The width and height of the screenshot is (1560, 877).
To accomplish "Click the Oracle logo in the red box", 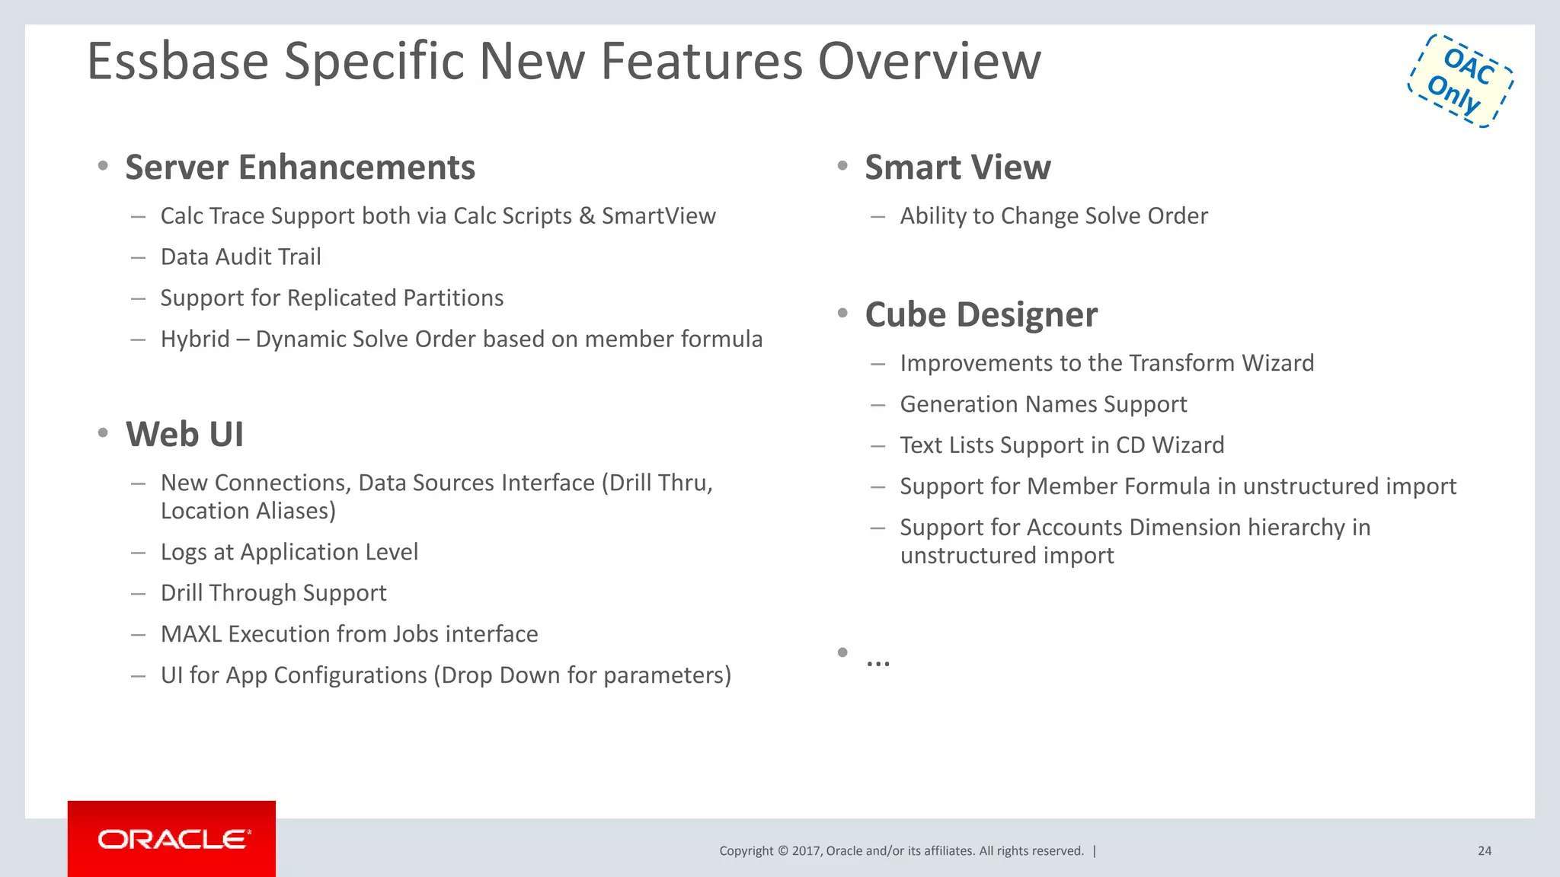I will click(173, 839).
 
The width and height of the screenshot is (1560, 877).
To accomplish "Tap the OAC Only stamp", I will click(1460, 81).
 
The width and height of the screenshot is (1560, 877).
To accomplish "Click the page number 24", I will click(1484, 851).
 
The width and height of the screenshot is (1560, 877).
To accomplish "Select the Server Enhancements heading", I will click(300, 167).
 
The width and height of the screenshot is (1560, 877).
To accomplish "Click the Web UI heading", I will click(184, 435).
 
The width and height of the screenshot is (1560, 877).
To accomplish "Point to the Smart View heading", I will click(957, 167).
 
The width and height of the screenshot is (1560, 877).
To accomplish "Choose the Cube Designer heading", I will click(981, 314).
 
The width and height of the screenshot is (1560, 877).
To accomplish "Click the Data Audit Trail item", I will click(241, 257).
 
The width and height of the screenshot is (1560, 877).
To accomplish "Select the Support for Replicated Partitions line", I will click(332, 298).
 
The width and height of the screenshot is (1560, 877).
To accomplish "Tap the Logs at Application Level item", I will click(289, 552).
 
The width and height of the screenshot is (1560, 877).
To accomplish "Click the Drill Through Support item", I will click(273, 593).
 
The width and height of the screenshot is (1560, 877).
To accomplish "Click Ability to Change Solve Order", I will click(1053, 216).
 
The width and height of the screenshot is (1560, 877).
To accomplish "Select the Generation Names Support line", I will click(1043, 404).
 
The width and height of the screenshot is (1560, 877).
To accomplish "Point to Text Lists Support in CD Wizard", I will click(1062, 445).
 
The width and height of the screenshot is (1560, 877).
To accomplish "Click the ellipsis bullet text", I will click(877, 659).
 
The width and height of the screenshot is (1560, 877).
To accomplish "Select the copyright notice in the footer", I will click(901, 851).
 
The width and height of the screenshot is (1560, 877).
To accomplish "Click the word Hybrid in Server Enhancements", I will click(195, 340).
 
